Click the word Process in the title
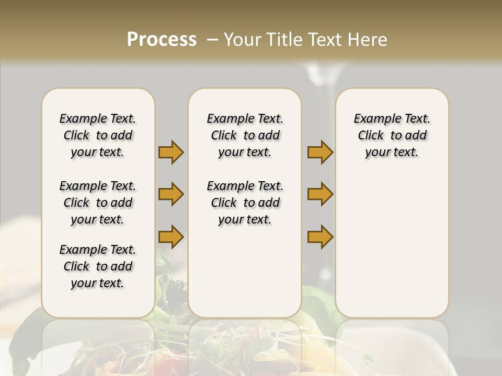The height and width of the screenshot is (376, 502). (x=162, y=40)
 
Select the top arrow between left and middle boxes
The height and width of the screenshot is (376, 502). (x=171, y=152)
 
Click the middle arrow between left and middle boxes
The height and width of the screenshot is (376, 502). (x=171, y=194)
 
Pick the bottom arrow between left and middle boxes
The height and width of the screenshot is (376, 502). (x=171, y=237)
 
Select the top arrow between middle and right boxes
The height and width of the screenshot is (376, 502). (x=320, y=152)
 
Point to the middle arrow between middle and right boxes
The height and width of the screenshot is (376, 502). (x=320, y=194)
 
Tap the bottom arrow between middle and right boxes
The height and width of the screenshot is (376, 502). (x=320, y=237)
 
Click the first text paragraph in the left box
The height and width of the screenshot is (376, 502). (x=98, y=135)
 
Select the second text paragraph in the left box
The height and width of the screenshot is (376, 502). (x=98, y=203)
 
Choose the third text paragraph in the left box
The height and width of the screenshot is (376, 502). (x=98, y=266)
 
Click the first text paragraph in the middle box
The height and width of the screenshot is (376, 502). (x=245, y=135)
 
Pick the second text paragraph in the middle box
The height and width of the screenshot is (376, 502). (x=245, y=203)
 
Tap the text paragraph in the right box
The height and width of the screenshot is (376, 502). (x=392, y=135)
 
